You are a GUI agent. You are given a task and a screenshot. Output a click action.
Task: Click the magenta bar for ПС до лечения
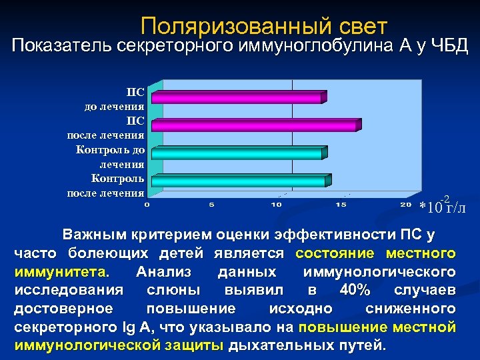[x=239, y=98]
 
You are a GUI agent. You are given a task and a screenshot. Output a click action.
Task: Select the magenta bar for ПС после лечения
[x=256, y=125]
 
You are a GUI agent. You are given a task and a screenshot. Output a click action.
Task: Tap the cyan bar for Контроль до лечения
[x=239, y=153]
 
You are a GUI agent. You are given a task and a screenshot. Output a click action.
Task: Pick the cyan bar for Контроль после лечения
[x=241, y=181]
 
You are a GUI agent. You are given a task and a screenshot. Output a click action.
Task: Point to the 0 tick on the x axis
[x=147, y=205]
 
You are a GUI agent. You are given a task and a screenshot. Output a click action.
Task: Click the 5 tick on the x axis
[x=211, y=205]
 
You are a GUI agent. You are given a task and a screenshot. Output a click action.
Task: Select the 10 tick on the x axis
[x=276, y=205]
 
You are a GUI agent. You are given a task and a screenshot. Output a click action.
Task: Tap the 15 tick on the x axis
[x=341, y=205]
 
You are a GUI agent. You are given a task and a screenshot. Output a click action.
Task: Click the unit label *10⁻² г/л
[x=443, y=206]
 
